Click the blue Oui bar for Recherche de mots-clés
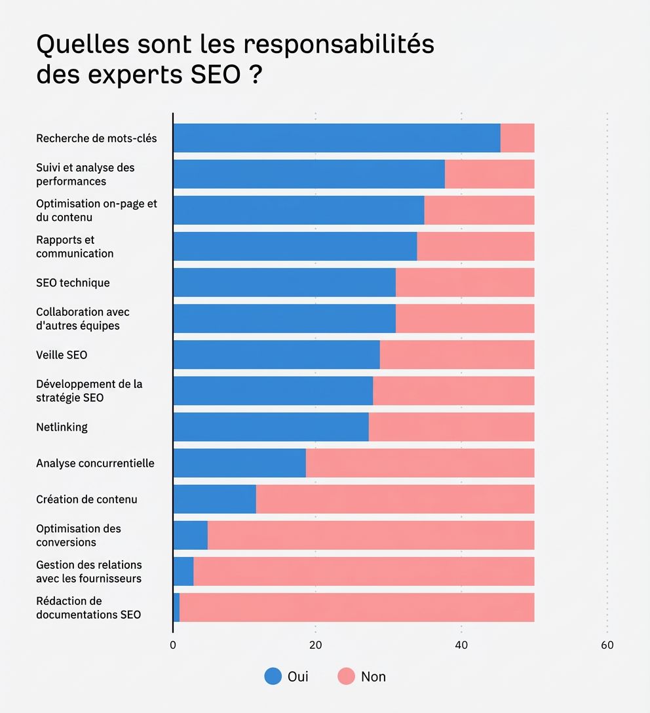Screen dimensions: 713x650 337,138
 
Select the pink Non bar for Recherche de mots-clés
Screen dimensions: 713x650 518,138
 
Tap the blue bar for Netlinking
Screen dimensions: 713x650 271,427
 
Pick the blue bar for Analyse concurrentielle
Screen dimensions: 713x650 240,463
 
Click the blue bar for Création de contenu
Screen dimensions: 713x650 215,499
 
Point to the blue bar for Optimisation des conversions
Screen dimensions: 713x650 191,535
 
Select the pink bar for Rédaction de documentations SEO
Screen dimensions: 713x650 357,607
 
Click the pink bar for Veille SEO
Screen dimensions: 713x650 457,355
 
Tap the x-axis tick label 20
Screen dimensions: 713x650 316,646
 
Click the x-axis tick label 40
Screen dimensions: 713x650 461,646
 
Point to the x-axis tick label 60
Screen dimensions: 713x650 607,646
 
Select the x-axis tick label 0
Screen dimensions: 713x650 173,646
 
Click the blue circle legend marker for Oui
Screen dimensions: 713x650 273,676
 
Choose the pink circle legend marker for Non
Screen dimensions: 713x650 346,676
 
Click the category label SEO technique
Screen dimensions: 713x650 73,283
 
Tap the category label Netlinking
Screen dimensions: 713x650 62,427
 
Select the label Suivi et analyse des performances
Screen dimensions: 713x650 85,174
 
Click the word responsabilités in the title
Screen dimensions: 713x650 339,45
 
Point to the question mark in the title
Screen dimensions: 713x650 256,75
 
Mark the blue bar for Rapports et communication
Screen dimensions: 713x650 295,246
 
